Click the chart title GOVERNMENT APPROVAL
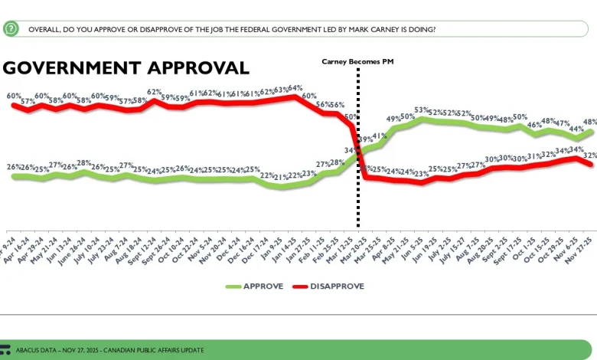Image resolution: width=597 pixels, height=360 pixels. pyautogui.click(x=126, y=67)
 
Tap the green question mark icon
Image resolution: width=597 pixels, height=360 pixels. pyautogui.click(x=11, y=29)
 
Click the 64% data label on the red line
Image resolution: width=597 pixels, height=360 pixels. pyautogui.click(x=295, y=87)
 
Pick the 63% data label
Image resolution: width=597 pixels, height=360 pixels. pyautogui.click(x=281, y=89)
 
